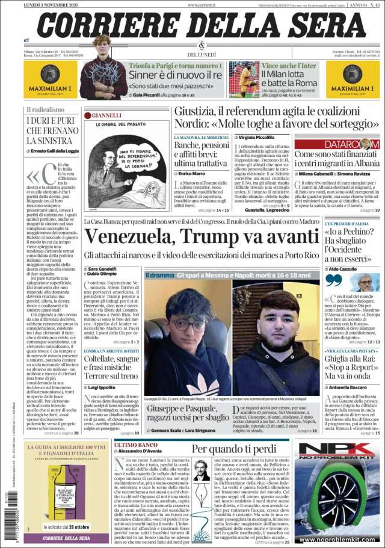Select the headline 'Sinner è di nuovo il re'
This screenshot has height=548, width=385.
click(x=174, y=75)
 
